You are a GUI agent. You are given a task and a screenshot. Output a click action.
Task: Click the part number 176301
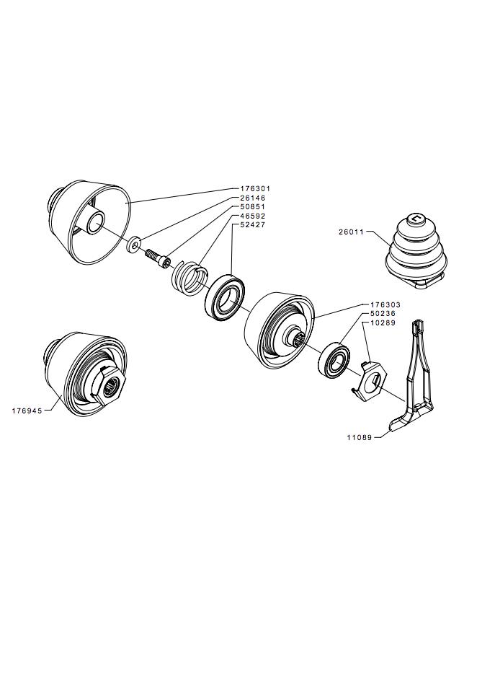coord(255,189)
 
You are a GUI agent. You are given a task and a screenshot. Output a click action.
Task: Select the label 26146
coord(253,198)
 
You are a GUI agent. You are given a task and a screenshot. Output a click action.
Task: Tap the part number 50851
coord(253,207)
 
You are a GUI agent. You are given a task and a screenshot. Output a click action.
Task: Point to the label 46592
coord(253,216)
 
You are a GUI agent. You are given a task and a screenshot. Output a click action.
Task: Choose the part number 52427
coord(253,225)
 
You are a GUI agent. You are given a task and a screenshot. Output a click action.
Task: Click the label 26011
coord(351,232)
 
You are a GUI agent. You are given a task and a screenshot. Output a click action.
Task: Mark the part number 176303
coord(385,304)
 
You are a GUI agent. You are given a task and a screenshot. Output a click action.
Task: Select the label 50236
coord(383,314)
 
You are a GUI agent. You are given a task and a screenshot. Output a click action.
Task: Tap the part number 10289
coord(383,323)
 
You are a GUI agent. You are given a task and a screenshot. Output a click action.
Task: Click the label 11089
coord(360,438)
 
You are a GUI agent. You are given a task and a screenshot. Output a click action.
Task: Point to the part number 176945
coord(27,411)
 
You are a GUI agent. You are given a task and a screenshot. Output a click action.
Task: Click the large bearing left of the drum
coord(224,297)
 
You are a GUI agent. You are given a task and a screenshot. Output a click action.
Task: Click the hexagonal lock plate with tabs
coord(370,378)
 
